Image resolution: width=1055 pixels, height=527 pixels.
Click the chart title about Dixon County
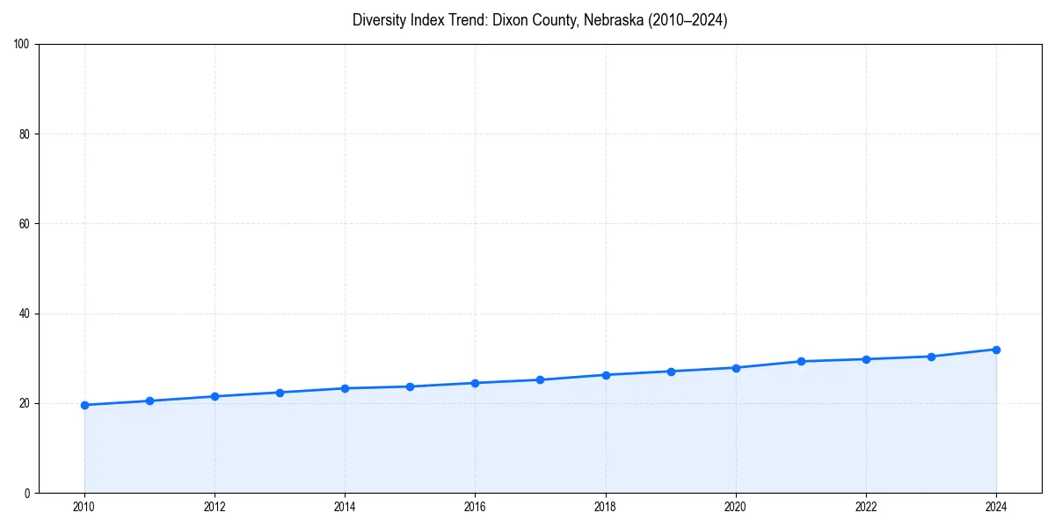point(540,20)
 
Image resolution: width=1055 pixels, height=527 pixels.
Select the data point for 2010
point(84,405)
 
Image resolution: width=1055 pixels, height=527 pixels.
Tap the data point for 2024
point(996,350)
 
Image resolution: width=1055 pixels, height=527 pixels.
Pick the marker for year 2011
point(149,401)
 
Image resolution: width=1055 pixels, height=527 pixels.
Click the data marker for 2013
point(280,393)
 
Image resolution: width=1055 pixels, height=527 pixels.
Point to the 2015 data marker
point(410,386)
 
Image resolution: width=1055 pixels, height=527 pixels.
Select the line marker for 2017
point(540,379)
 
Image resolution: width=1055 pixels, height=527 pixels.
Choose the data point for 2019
point(671,372)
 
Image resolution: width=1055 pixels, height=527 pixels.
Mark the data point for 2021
point(801,361)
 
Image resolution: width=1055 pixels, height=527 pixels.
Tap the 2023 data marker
point(931,357)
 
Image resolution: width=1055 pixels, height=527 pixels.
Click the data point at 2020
point(736,368)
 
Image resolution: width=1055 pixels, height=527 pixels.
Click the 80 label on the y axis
point(25,134)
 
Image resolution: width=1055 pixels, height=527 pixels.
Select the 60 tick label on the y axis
point(25,224)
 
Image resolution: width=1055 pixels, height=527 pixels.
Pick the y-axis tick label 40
point(25,314)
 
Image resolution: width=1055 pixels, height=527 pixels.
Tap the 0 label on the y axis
point(27,493)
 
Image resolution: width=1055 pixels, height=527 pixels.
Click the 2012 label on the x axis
point(215,506)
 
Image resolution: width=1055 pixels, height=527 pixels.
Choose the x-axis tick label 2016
point(475,506)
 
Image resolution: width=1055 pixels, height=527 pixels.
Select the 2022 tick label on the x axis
point(866,506)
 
